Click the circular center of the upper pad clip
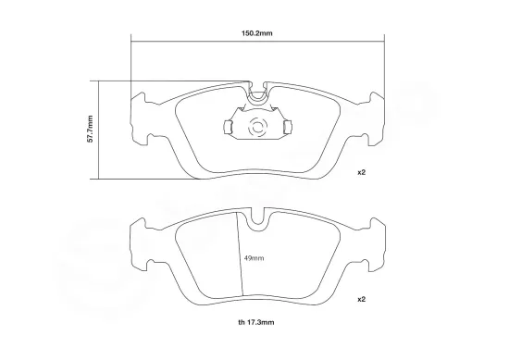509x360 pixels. (258, 126)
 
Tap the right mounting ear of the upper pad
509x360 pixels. (375, 116)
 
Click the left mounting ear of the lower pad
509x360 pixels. (142, 242)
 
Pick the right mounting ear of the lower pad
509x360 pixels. (375, 242)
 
